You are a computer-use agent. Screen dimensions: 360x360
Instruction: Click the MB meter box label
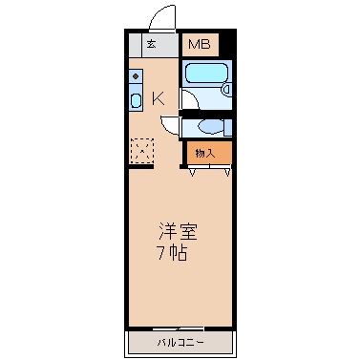pyautogui.click(x=200, y=44)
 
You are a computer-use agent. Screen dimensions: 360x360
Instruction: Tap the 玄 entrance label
pyautogui.click(x=152, y=44)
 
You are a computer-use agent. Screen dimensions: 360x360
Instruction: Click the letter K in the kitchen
pyautogui.click(x=159, y=98)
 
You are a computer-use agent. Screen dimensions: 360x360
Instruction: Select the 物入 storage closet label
pyautogui.click(x=205, y=154)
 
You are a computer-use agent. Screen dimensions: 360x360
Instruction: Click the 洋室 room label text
pyautogui.click(x=178, y=232)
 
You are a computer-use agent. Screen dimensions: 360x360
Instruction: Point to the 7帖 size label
pyautogui.click(x=172, y=253)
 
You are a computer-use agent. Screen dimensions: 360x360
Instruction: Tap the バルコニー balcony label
pyautogui.click(x=180, y=343)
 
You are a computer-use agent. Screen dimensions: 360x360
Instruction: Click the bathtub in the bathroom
pyautogui.click(x=206, y=73)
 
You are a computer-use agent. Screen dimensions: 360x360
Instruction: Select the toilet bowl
pyautogui.click(x=210, y=127)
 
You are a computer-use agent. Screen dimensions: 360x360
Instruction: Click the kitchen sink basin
pyautogui.click(x=136, y=101)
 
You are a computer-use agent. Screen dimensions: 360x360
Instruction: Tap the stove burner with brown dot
pyautogui.click(x=136, y=76)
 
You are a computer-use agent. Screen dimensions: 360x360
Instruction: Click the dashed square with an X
pyautogui.click(x=142, y=150)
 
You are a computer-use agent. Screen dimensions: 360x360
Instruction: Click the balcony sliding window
pyautogui.click(x=179, y=328)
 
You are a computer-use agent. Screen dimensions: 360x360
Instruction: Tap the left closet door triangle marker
pyautogui.click(x=192, y=173)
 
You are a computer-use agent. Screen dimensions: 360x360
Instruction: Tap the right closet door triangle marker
pyautogui.click(x=227, y=173)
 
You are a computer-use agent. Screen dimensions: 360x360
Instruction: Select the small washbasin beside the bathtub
pyautogui.click(x=226, y=90)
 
